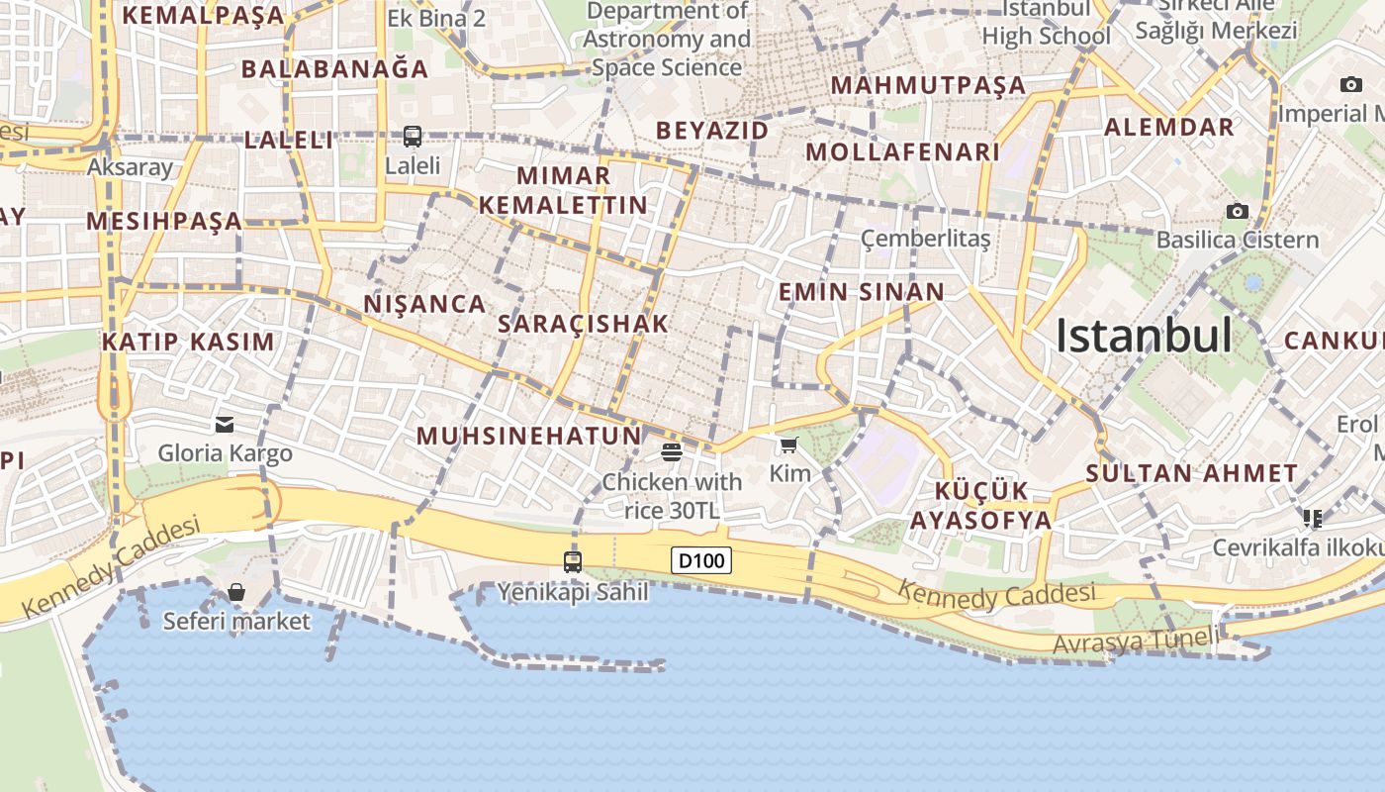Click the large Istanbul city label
(1144, 337)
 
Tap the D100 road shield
(701, 560)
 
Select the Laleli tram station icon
(413, 137)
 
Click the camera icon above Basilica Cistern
(1237, 211)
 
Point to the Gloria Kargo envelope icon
(225, 425)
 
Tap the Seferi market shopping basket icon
(236, 592)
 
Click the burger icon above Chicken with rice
(672, 452)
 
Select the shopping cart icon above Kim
(788, 445)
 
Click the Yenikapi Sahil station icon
(573, 561)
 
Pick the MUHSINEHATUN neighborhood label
(529, 436)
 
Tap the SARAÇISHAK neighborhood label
(584, 324)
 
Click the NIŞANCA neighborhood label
(425, 304)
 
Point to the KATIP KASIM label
(188, 343)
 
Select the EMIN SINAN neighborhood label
(862, 292)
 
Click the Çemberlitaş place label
(925, 239)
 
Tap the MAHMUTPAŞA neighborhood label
(928, 85)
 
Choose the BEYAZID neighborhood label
(712, 131)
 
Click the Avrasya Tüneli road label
(1136, 642)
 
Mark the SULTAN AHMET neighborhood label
(1191, 473)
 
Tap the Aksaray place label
(130, 166)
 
